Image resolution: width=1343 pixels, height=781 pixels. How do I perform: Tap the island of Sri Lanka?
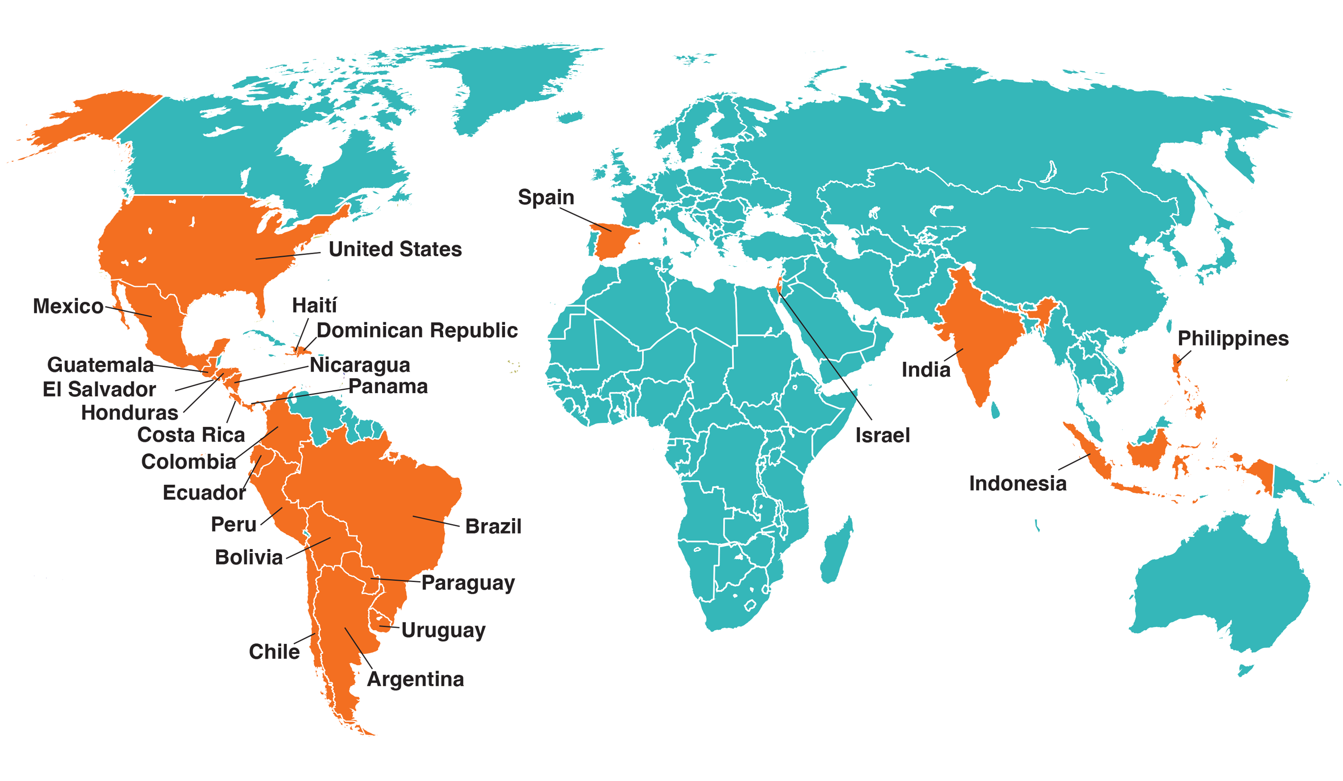coord(995,409)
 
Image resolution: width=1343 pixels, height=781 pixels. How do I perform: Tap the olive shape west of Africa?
coord(501,389)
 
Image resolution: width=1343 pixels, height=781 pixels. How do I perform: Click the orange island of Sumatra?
coord(1087,451)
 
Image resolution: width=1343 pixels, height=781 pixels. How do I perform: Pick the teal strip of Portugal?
coord(591,243)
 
